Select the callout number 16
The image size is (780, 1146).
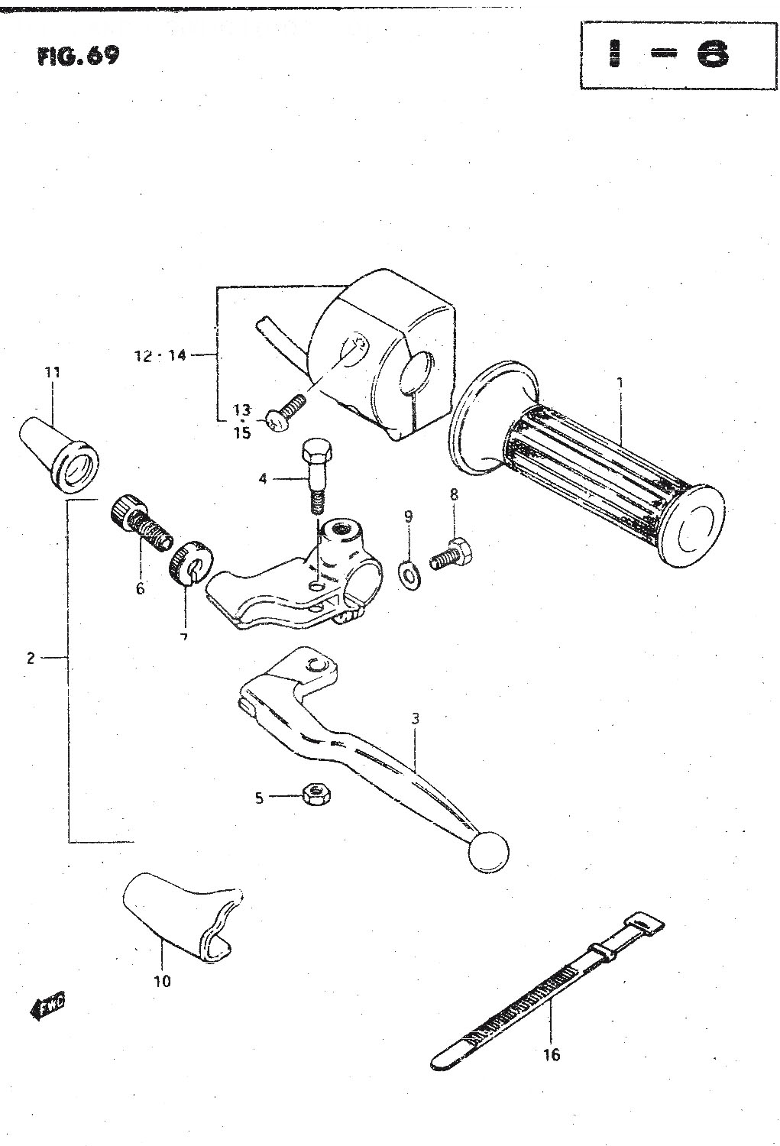click(x=551, y=1054)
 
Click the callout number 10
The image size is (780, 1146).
click(x=163, y=981)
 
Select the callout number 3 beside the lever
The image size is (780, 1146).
click(x=415, y=718)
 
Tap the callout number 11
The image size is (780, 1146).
click(x=52, y=373)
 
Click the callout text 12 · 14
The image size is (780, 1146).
click(x=158, y=355)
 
